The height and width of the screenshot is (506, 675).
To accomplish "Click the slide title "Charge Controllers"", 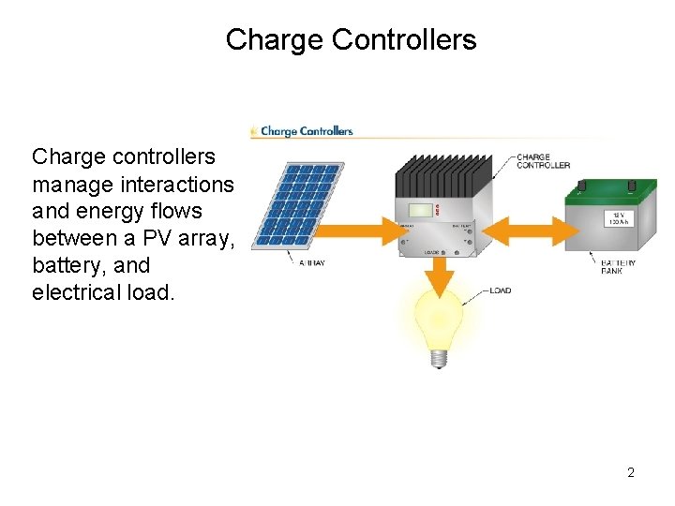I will [351, 40].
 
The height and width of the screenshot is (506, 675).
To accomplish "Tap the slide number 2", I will [631, 472].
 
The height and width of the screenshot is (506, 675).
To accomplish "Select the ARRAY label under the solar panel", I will [312, 263].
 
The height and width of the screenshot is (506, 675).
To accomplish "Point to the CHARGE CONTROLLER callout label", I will [543, 161].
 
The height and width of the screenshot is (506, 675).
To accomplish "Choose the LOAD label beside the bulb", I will [501, 290].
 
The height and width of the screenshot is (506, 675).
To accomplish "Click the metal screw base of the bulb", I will [438, 359].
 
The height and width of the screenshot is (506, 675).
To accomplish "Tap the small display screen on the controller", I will [423, 210].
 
